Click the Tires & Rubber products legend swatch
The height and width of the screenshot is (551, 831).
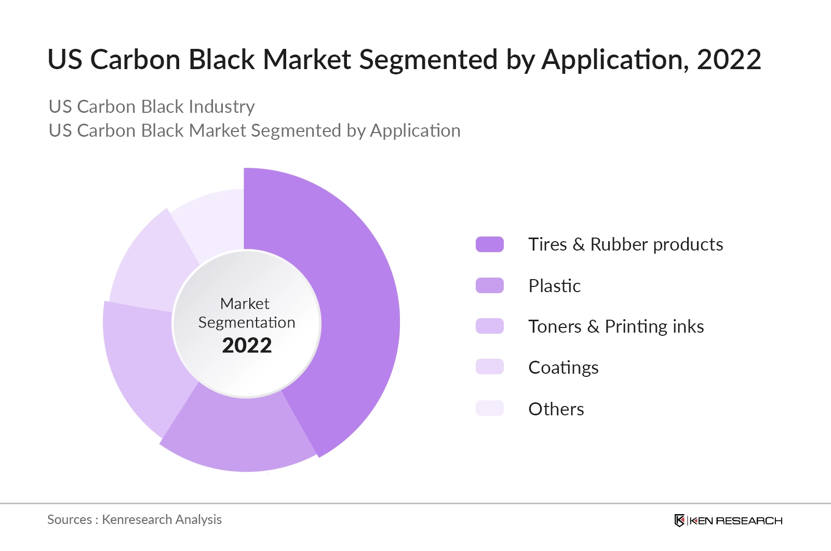(x=489, y=244)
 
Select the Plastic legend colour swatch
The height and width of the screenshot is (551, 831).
(x=489, y=285)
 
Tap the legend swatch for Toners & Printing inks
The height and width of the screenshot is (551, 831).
(x=489, y=326)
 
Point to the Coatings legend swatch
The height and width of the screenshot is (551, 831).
(x=489, y=367)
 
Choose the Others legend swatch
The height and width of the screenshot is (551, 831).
(x=489, y=408)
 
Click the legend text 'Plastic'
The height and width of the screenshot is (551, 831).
(x=554, y=286)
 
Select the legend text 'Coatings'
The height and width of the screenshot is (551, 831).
(x=563, y=368)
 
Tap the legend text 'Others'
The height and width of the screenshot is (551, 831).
(x=556, y=409)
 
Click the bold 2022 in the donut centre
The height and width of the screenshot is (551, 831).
(x=247, y=346)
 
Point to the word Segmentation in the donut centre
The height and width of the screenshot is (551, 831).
(x=247, y=322)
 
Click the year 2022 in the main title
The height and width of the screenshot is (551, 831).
(x=728, y=60)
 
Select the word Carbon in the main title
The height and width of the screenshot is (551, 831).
(x=135, y=60)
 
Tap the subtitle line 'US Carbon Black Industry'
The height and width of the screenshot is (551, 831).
(x=151, y=107)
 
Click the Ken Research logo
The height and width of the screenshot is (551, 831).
(x=728, y=520)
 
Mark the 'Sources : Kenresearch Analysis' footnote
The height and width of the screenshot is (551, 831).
(x=135, y=519)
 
